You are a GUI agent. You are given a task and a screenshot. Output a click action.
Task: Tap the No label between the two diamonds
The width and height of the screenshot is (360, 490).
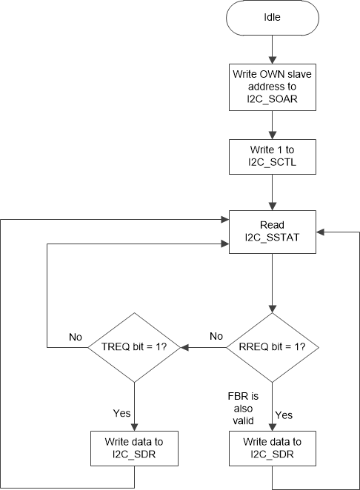216,336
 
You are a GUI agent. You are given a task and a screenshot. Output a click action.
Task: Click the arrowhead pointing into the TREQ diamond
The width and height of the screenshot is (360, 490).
185,347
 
